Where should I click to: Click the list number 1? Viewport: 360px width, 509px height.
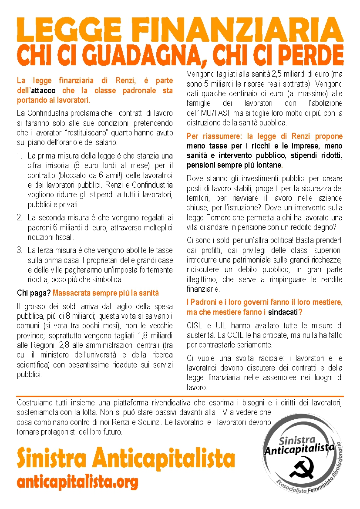(x=20, y=155)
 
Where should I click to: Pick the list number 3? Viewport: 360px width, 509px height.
(x=20, y=250)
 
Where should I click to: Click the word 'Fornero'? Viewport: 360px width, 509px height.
(x=217, y=217)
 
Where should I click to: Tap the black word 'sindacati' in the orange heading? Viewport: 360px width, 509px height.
(x=283, y=312)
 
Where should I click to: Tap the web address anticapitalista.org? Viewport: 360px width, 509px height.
(x=77, y=481)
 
